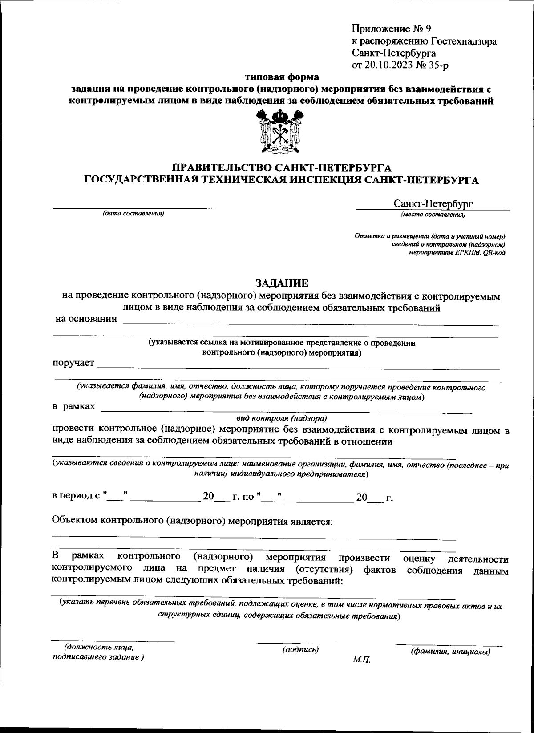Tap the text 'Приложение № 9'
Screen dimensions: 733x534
click(x=391, y=29)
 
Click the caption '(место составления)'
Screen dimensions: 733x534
click(x=433, y=215)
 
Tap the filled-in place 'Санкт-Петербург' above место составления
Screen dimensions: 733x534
click(x=433, y=204)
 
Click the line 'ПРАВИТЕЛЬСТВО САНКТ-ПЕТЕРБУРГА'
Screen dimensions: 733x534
click(x=282, y=168)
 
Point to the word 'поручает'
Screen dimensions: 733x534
click(x=73, y=363)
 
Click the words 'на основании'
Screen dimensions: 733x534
click(x=86, y=319)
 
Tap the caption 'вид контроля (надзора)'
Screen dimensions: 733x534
click(x=281, y=418)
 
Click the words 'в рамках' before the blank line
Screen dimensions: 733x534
click(x=74, y=406)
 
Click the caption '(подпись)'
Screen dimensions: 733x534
click(x=300, y=650)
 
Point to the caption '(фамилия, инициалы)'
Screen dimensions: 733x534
click(x=450, y=652)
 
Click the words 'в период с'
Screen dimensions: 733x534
click(x=76, y=496)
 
